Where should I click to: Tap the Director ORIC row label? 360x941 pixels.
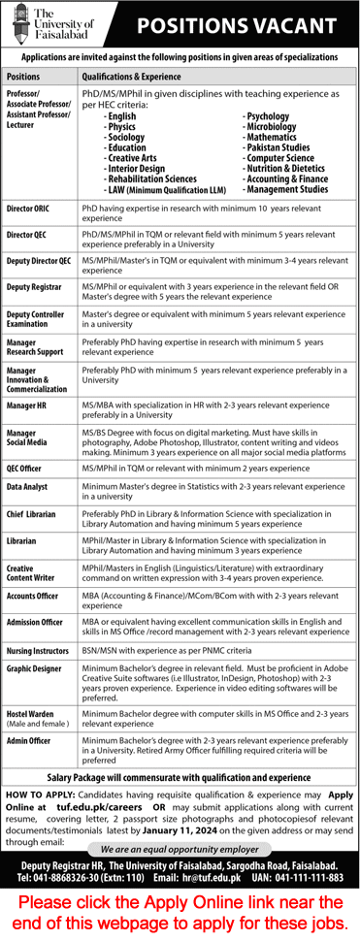[29, 209]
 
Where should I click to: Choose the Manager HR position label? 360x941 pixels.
[26, 404]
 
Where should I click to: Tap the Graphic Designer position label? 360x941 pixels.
[35, 668]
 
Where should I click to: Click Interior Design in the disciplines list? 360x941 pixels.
[138, 168]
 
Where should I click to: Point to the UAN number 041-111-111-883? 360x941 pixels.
[315, 862]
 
